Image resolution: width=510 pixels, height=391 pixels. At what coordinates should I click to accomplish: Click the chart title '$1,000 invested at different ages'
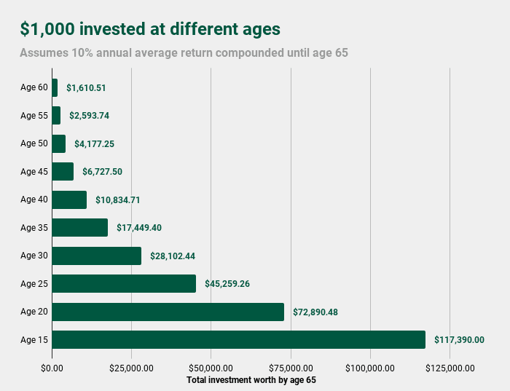(x=150, y=29)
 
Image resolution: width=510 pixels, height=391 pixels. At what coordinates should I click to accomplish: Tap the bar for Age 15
(x=238, y=339)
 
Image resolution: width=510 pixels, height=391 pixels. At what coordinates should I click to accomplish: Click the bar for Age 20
(x=168, y=312)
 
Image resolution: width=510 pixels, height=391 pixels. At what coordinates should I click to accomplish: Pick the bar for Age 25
(x=124, y=283)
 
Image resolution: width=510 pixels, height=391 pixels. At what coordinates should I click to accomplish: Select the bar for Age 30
(x=96, y=256)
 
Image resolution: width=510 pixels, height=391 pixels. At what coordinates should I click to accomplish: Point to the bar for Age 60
(x=55, y=87)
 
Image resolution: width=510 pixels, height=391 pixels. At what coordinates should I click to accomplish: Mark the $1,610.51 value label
(x=87, y=87)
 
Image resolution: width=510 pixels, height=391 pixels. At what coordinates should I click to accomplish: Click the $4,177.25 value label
(x=94, y=143)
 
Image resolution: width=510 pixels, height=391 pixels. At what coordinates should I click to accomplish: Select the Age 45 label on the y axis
(x=34, y=172)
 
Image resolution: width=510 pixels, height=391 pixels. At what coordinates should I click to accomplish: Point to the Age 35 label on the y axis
(x=34, y=228)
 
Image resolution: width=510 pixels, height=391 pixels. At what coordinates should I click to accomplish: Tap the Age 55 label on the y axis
(x=34, y=116)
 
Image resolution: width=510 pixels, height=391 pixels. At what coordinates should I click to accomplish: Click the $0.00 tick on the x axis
(x=52, y=368)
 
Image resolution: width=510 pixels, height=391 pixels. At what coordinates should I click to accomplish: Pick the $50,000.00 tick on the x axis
(x=211, y=368)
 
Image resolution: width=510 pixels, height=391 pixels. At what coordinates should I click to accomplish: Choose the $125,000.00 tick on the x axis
(x=450, y=368)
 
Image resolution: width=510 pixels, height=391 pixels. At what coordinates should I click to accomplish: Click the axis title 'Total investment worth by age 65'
(x=251, y=380)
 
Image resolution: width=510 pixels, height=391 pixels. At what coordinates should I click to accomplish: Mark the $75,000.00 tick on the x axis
(x=291, y=368)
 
